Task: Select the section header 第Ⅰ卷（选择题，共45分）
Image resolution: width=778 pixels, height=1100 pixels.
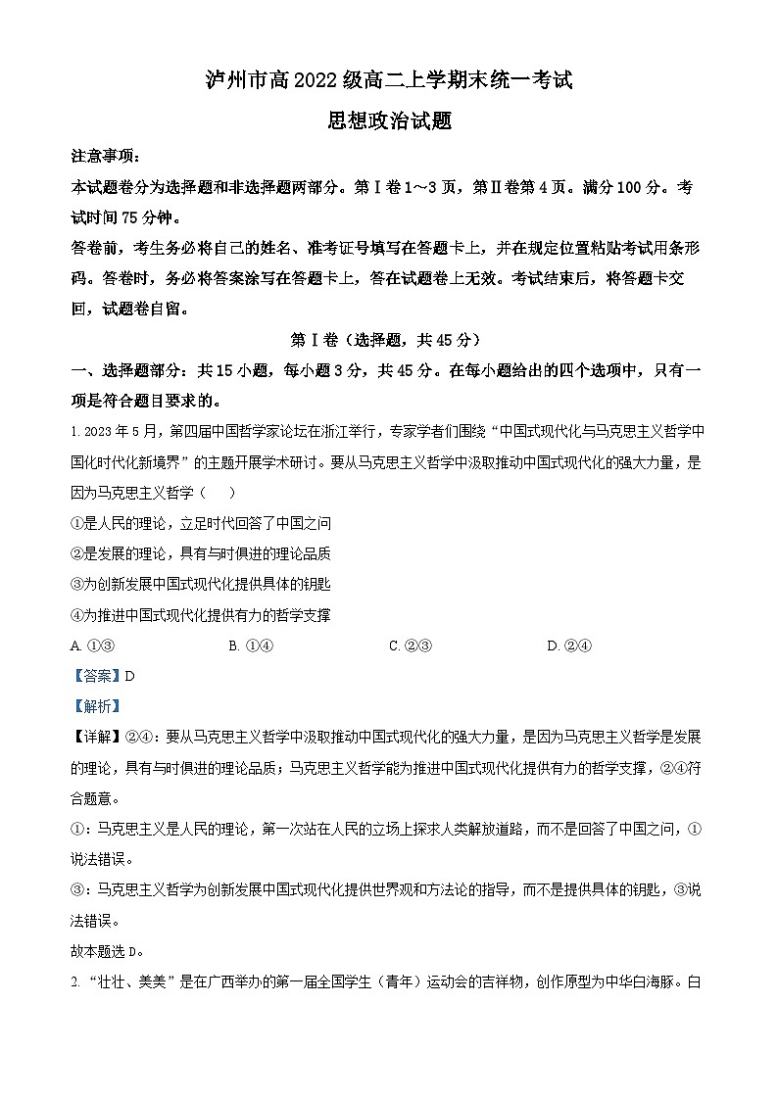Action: pos(389,340)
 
